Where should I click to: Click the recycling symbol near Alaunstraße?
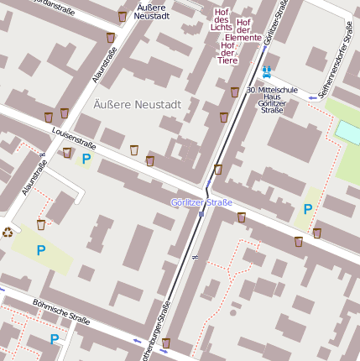click(x=8, y=233)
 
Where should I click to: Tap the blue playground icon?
click(x=267, y=73)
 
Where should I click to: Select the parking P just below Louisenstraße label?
click(x=86, y=159)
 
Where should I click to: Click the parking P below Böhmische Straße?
click(x=55, y=339)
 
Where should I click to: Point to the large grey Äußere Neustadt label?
click(x=137, y=105)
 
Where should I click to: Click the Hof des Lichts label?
click(x=222, y=20)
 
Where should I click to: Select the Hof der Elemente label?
click(x=243, y=30)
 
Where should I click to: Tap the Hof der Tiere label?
click(x=227, y=52)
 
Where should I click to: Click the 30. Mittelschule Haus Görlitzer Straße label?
click(x=272, y=99)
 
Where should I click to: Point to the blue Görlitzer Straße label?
click(x=201, y=202)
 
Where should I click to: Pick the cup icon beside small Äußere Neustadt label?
click(x=123, y=16)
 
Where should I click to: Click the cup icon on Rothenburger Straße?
click(x=166, y=343)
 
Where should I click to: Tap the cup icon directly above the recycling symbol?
click(x=40, y=224)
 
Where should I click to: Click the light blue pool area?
click(x=348, y=132)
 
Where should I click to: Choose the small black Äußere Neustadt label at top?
click(x=153, y=11)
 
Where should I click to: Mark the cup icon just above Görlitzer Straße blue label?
click(x=218, y=170)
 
